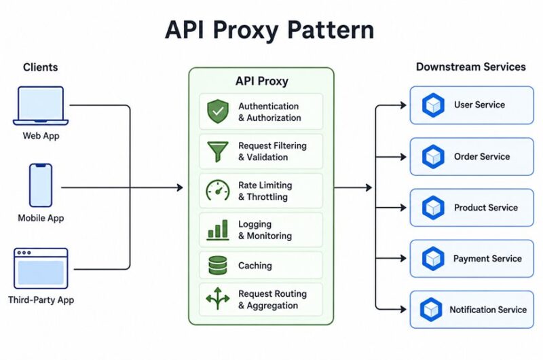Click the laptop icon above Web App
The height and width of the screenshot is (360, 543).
pyautogui.click(x=41, y=106)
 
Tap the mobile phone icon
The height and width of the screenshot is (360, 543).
pyautogui.click(x=41, y=185)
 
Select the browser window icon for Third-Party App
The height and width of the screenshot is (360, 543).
pyautogui.click(x=41, y=268)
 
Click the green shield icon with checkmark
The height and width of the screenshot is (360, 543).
pyautogui.click(x=218, y=111)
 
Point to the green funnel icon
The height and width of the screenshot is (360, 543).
pyautogui.click(x=217, y=151)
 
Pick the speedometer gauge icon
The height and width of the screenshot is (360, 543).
pyautogui.click(x=218, y=190)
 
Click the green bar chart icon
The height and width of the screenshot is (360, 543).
pyautogui.click(x=218, y=230)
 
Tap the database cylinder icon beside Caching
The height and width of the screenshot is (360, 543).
pyautogui.click(x=218, y=266)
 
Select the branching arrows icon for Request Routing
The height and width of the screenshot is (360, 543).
pyautogui.click(x=218, y=298)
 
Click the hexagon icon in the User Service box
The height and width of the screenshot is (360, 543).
pyautogui.click(x=433, y=105)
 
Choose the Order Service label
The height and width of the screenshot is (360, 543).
pyautogui.click(x=482, y=157)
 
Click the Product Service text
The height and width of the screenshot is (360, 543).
pyautogui.click(x=486, y=208)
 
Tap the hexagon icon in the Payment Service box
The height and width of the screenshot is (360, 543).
pyautogui.click(x=433, y=259)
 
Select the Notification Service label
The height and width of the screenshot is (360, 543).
pyautogui.click(x=488, y=310)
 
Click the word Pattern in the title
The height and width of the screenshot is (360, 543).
pyautogui.click(x=331, y=30)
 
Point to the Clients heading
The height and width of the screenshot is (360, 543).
pyautogui.click(x=41, y=67)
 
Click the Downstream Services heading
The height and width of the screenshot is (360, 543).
pyautogui.click(x=471, y=67)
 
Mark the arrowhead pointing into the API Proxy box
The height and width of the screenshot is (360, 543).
pyautogui.click(x=180, y=187)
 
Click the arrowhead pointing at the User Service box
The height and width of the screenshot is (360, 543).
pyautogui.click(x=403, y=105)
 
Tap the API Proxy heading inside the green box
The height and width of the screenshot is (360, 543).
pyautogui.click(x=262, y=81)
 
